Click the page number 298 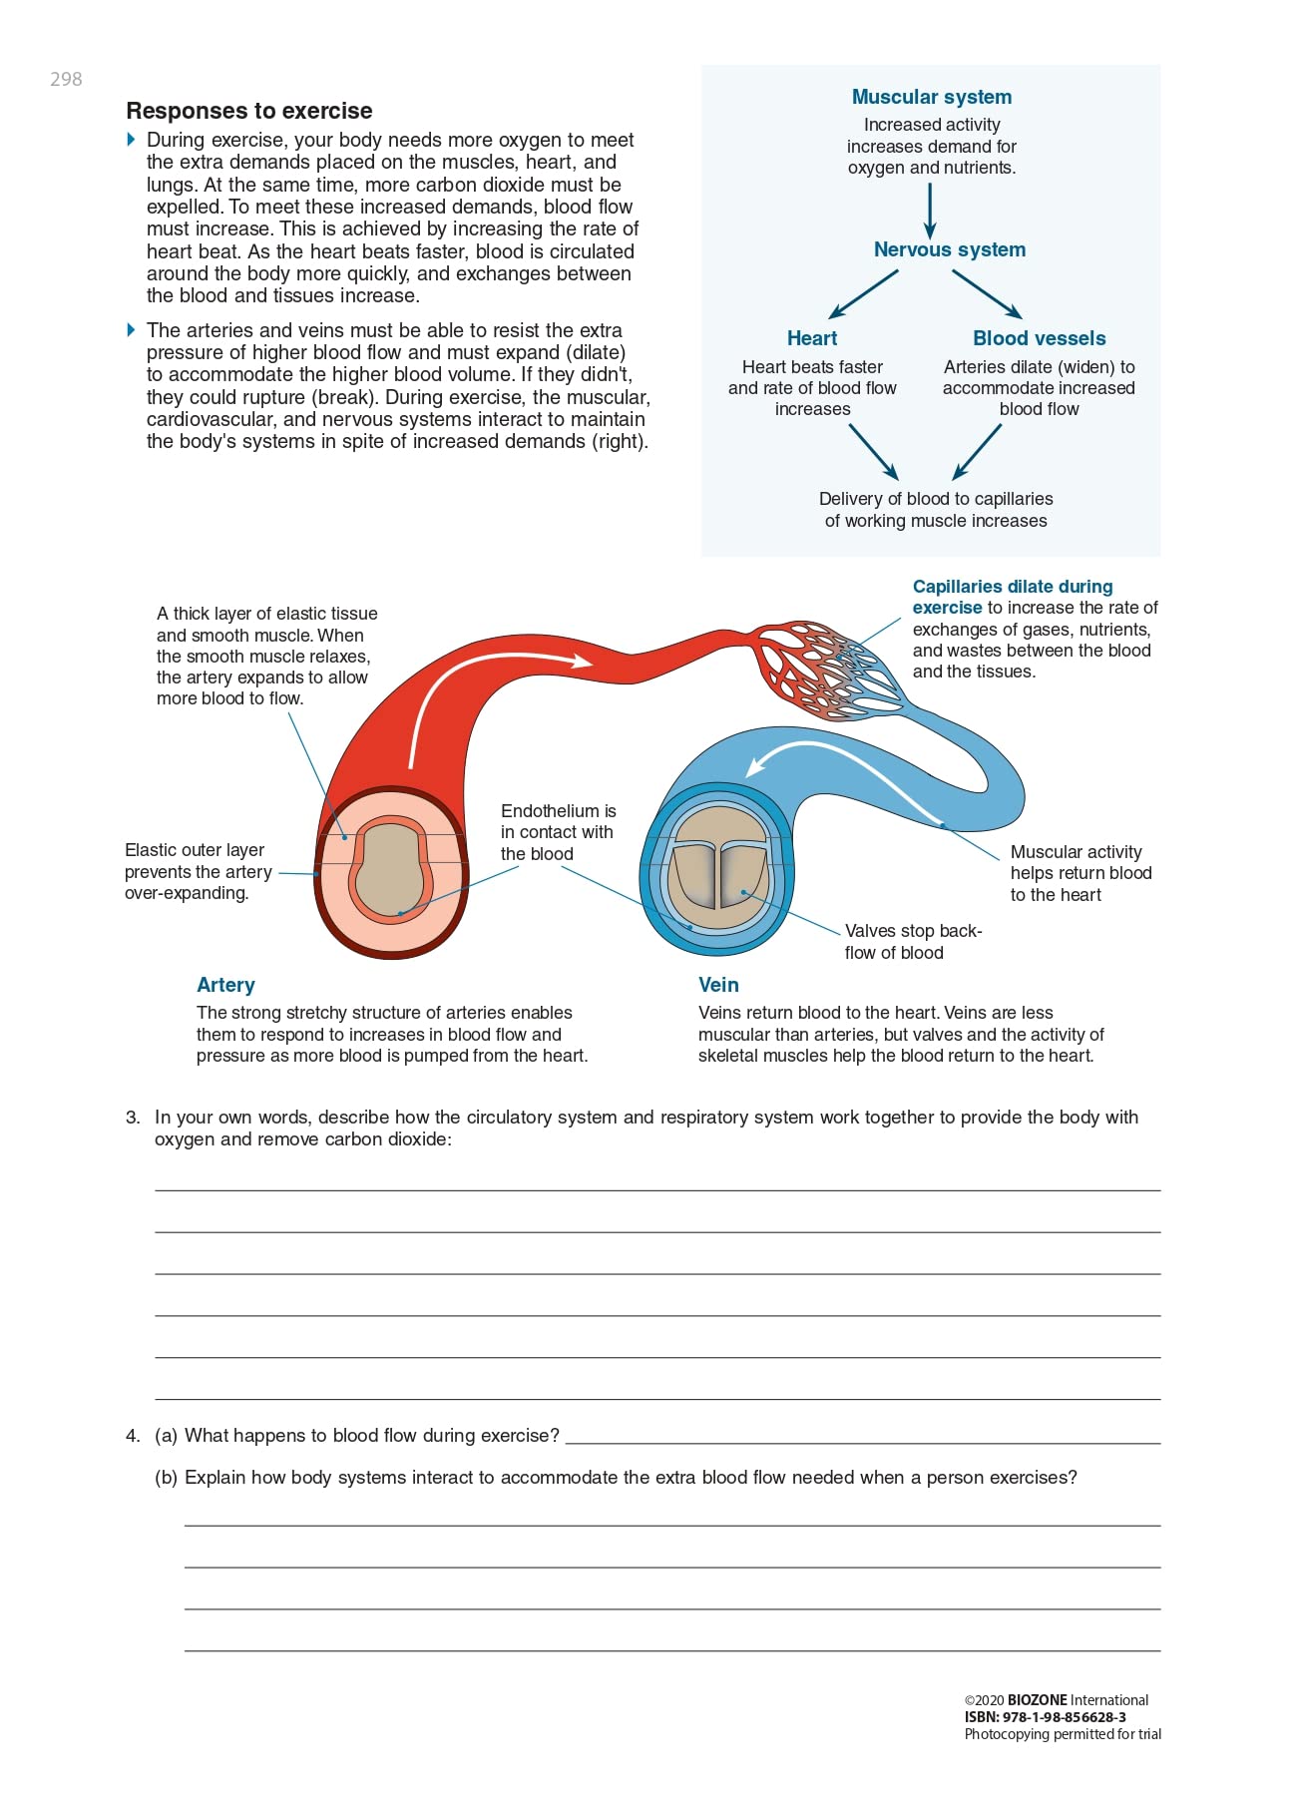[x=66, y=79]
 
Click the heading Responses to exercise [x=249, y=111]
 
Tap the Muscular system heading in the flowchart [x=931, y=97]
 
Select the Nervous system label [x=949, y=249]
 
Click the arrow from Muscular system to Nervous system [x=930, y=211]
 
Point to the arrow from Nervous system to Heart [x=863, y=294]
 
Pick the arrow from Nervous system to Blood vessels [x=987, y=294]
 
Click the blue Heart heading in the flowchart [x=812, y=338]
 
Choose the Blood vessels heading [x=1039, y=338]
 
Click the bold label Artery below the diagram [x=225, y=985]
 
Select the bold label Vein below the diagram [x=718, y=985]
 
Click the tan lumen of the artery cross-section [x=389, y=868]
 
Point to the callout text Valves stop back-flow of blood [x=913, y=942]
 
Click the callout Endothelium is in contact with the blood [x=558, y=832]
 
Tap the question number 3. [x=133, y=1118]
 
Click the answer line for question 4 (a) [x=863, y=1436]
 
